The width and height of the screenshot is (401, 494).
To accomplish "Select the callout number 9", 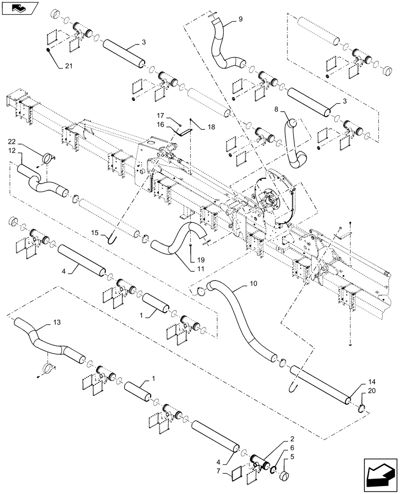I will pyautogui.click(x=240, y=19).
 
